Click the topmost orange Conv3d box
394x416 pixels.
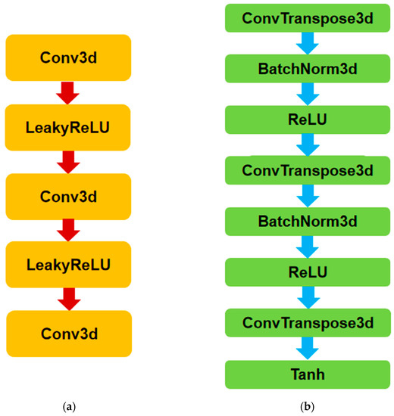pyautogui.click(x=69, y=57)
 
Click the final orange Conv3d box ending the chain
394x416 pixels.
pyautogui.click(x=69, y=332)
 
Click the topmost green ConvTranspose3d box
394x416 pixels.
pyautogui.click(x=308, y=17)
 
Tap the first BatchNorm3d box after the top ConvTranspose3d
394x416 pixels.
pyautogui.click(x=308, y=69)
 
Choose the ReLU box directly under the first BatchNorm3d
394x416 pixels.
pyautogui.click(x=308, y=120)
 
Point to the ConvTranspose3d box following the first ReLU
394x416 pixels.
pyautogui.click(x=308, y=170)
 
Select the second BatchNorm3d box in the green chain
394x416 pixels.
pyautogui.click(x=308, y=222)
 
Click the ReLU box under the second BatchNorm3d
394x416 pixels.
pyautogui.click(x=308, y=272)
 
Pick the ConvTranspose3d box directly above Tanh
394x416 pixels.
pyautogui.click(x=308, y=324)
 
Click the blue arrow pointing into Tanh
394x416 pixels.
pyautogui.click(x=308, y=349)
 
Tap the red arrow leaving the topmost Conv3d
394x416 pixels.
pyautogui.click(x=69, y=92)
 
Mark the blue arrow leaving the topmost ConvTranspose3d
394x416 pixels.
pyautogui.click(x=308, y=43)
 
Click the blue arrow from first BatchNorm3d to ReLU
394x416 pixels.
pyautogui.click(x=308, y=94)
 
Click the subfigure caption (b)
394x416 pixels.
pyautogui.click(x=308, y=406)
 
